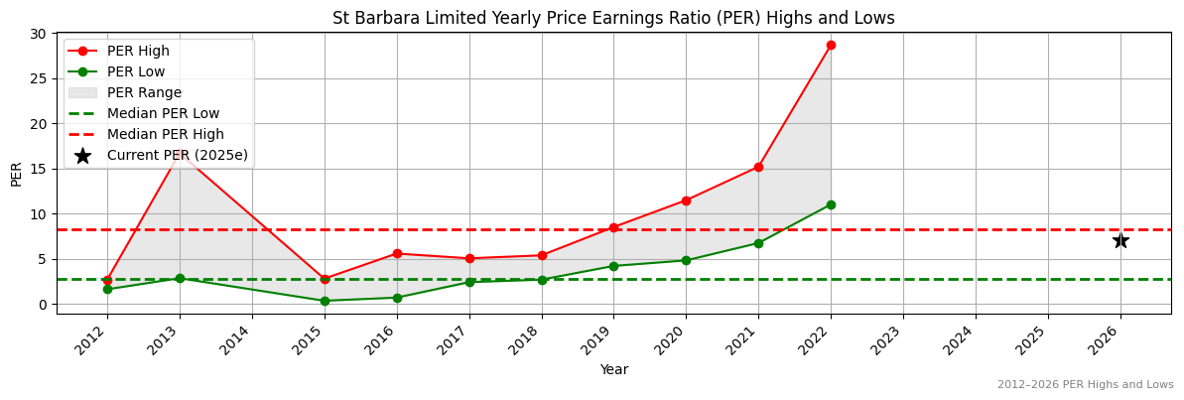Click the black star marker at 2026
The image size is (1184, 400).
pos(1120,240)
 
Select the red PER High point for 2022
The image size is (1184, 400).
pos(831,45)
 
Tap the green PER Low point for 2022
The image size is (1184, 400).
pos(831,204)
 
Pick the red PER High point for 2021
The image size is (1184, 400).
pos(758,167)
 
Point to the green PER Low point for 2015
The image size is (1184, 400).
pos(325,301)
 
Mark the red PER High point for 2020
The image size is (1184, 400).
pos(686,200)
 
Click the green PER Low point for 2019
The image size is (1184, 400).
pos(613,266)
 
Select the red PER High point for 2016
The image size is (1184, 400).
pos(397,253)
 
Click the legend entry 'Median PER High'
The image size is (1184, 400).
pos(165,134)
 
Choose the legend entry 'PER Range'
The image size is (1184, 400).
pos(144,92)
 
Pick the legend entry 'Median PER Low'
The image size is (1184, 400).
pos(163,113)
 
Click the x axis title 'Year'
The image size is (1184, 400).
pos(613,370)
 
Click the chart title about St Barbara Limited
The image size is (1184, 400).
pos(613,18)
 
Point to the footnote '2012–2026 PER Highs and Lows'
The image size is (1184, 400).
pos(1085,385)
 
